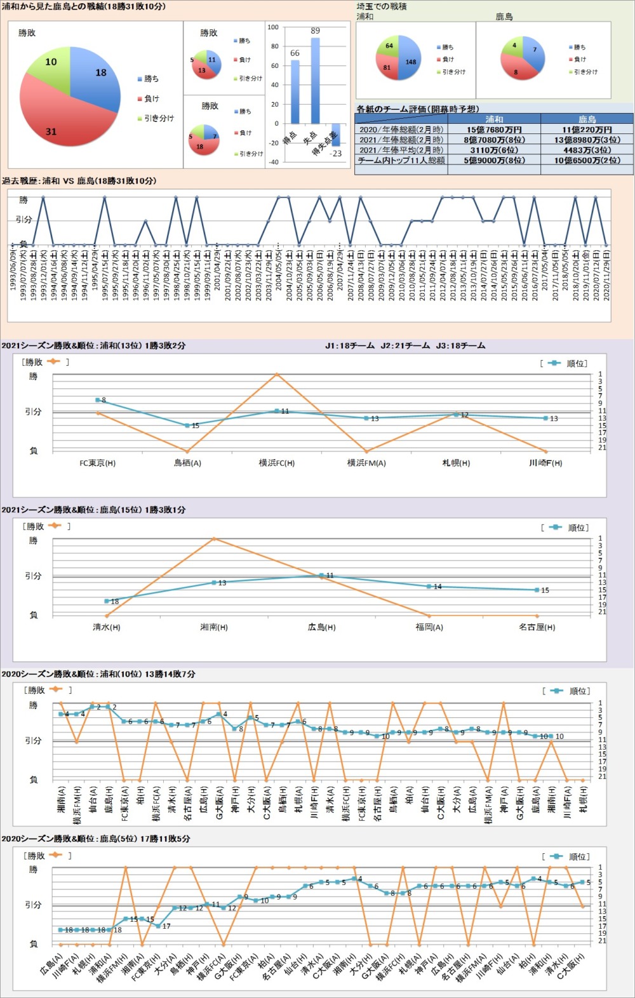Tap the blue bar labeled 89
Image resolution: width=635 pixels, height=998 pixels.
tap(315, 80)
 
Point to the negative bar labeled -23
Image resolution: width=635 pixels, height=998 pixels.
tap(335, 135)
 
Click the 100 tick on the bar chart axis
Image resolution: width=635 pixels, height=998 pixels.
tap(273, 27)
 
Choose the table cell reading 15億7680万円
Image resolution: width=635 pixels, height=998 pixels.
tap(494, 130)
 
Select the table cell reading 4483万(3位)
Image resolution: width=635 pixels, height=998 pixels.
tap(587, 150)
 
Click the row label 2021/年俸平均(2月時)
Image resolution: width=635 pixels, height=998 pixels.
tap(401, 150)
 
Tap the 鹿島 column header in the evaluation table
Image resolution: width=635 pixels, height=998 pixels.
tap(587, 119)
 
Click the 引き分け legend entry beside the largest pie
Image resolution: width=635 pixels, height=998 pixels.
tap(159, 118)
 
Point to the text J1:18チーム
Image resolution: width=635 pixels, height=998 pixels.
tap(350, 346)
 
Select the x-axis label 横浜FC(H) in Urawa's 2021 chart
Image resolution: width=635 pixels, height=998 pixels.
tap(277, 463)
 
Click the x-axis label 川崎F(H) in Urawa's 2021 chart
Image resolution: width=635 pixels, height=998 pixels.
tap(545, 463)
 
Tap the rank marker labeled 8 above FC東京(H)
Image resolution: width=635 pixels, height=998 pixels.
tap(97, 400)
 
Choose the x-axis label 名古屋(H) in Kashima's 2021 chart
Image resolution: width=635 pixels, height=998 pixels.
tap(537, 627)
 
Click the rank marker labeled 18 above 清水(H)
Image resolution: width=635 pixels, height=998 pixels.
tap(107, 601)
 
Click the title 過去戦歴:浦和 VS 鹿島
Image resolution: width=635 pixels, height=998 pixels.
tap(79, 181)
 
